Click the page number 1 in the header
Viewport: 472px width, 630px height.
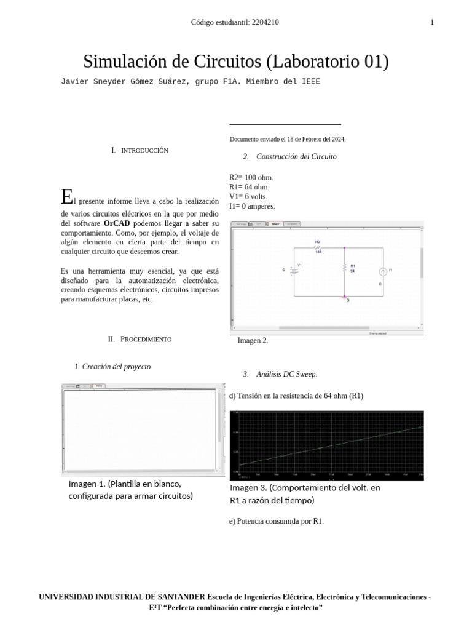[432, 23]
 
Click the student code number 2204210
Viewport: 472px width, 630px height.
[265, 23]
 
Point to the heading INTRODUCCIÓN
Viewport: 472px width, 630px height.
[144, 151]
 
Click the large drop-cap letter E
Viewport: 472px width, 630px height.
[66, 197]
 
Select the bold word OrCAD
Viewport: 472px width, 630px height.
[117, 223]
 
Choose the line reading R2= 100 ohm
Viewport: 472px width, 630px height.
[251, 178]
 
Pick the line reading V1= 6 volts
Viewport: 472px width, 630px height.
[248, 197]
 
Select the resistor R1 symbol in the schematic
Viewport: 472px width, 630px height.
[345, 267]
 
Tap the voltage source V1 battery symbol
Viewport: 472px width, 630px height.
[294, 270]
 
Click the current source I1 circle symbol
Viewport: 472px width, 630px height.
[383, 271]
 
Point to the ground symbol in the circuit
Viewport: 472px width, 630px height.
[345, 297]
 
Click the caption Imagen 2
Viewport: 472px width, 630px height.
[253, 341]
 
